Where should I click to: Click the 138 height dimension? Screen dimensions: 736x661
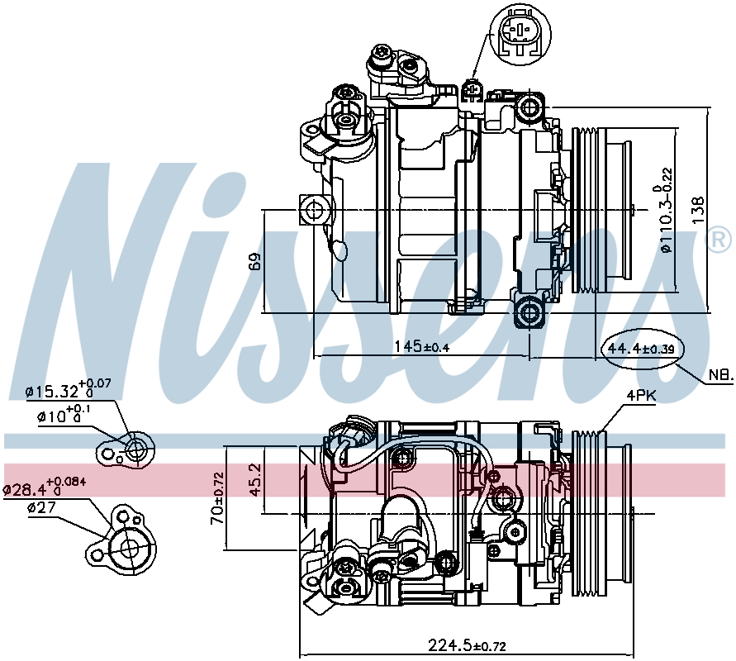click(x=698, y=210)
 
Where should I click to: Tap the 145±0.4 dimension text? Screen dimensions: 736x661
click(x=421, y=347)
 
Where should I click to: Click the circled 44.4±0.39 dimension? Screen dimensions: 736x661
click(x=641, y=349)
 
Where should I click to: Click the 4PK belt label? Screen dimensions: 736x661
click(x=641, y=396)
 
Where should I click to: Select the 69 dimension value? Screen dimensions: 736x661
click(x=254, y=261)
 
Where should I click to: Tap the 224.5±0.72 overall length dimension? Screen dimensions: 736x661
click(x=467, y=645)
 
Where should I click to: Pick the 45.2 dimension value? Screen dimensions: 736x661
click(x=254, y=480)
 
